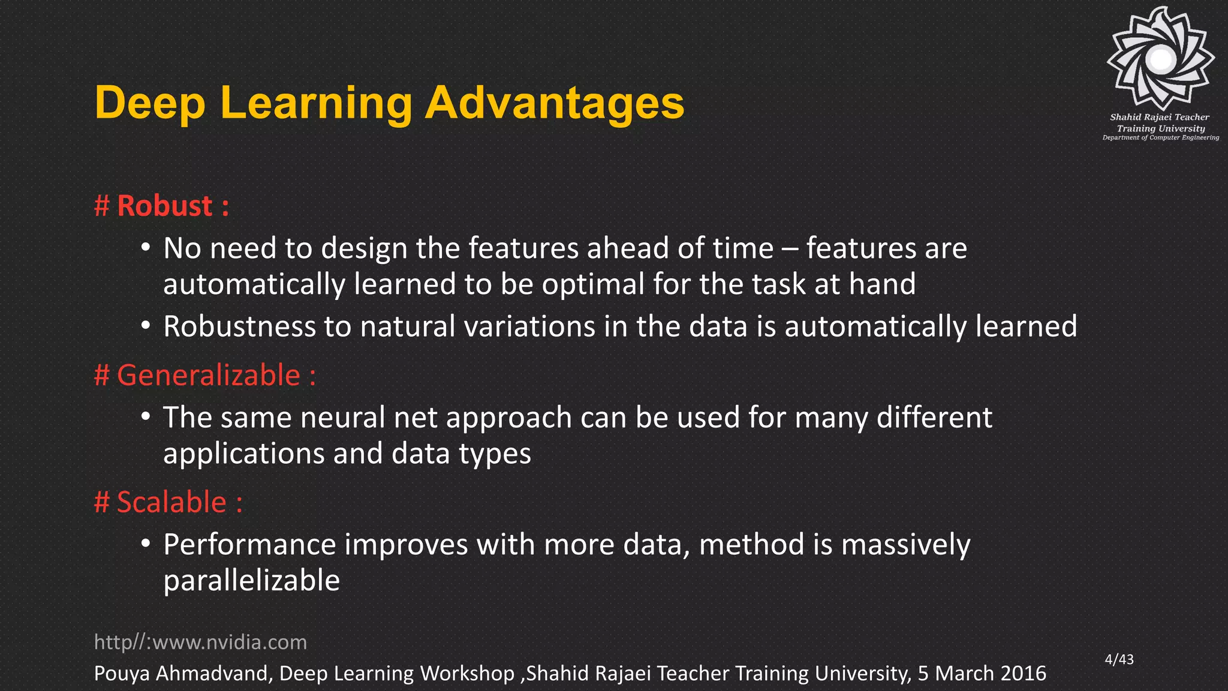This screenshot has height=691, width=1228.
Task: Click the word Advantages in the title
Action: coord(554,103)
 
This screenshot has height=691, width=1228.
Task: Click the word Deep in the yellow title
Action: coord(150,103)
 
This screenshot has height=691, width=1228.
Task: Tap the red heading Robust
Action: coord(164,206)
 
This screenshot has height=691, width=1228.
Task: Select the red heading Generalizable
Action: coord(208,375)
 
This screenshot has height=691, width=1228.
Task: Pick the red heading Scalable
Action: coord(171,502)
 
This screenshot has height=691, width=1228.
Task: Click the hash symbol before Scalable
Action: coord(102,502)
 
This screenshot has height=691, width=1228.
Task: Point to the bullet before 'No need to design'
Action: coord(146,247)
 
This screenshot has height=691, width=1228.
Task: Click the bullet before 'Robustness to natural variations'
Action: coord(146,326)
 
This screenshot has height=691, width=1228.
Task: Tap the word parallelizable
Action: coord(251,581)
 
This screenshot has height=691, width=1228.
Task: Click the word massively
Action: coord(905,545)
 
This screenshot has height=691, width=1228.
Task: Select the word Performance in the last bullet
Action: coord(249,545)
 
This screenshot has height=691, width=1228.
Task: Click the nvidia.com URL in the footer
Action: coord(200,642)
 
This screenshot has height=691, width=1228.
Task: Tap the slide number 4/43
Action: coord(1119,659)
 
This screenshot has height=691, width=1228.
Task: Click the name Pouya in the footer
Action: coord(122,674)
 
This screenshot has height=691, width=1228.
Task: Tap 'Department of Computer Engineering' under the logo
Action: coord(1160,138)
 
